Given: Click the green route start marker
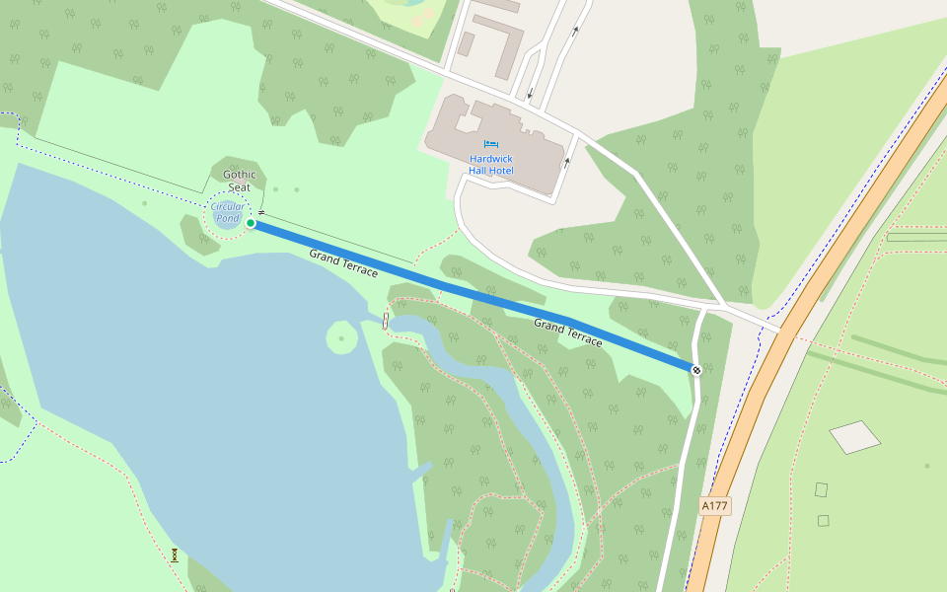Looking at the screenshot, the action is pyautogui.click(x=251, y=223).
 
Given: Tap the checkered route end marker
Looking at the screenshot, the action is pyautogui.click(x=696, y=370).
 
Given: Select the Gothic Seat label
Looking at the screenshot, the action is pyautogui.click(x=239, y=181).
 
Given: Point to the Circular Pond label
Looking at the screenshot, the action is pyautogui.click(x=228, y=212).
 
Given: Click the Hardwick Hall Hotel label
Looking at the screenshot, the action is pyautogui.click(x=491, y=165).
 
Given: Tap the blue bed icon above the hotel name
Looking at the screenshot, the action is pyautogui.click(x=491, y=144).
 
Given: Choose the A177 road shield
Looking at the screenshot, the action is pyautogui.click(x=714, y=506).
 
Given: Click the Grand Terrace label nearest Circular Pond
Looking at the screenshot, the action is pyautogui.click(x=343, y=262).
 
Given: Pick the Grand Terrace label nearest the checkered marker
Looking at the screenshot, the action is pyautogui.click(x=568, y=333).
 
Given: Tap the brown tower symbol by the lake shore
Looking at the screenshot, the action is pyautogui.click(x=175, y=555).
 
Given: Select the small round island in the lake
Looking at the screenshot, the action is pyautogui.click(x=341, y=338).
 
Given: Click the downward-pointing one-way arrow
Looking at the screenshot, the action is pyautogui.click(x=530, y=95).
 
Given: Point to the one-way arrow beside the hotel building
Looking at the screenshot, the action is pyautogui.click(x=566, y=162).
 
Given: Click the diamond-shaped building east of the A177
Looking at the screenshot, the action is pyautogui.click(x=854, y=436).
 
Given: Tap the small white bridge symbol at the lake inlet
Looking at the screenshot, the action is pyautogui.click(x=385, y=320).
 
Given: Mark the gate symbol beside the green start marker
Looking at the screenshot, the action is pyautogui.click(x=261, y=212).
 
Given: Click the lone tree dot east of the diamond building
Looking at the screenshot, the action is pyautogui.click(x=926, y=465).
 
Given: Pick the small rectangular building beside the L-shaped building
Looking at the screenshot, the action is pyautogui.click(x=466, y=43).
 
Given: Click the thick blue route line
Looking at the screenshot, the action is pyautogui.click(x=473, y=296).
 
